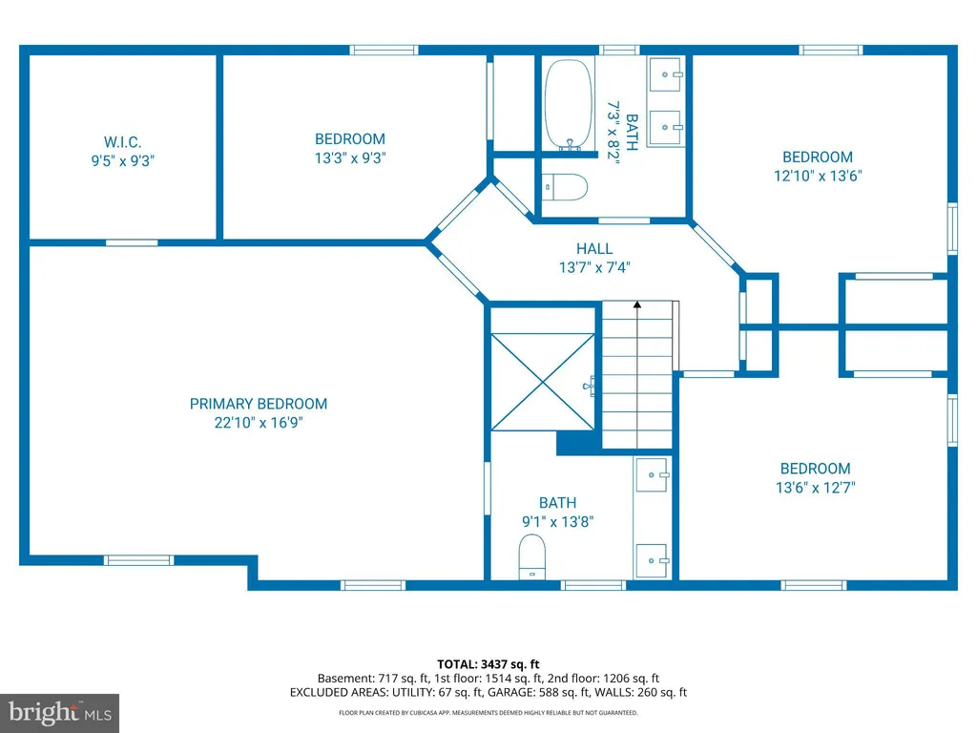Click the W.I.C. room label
[x=123, y=142]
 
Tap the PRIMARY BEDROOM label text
[x=259, y=404]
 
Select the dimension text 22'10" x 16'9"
[x=259, y=423]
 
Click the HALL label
[x=594, y=249]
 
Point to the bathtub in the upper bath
[x=569, y=104]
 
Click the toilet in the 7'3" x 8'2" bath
[x=565, y=187]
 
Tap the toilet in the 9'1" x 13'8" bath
[x=532, y=556]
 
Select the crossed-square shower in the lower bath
[x=543, y=382]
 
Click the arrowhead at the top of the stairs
[x=637, y=304]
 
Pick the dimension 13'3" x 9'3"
[x=350, y=158]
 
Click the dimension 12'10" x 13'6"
[x=818, y=177]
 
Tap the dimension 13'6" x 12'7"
[x=816, y=488]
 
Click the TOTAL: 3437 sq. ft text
[x=488, y=664]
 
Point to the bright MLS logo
[x=60, y=713]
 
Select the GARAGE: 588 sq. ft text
[x=538, y=693]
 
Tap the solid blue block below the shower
[x=578, y=443]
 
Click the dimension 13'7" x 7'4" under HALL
[x=594, y=268]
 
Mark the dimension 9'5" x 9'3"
[x=123, y=160]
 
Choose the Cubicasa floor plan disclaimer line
[x=488, y=712]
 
